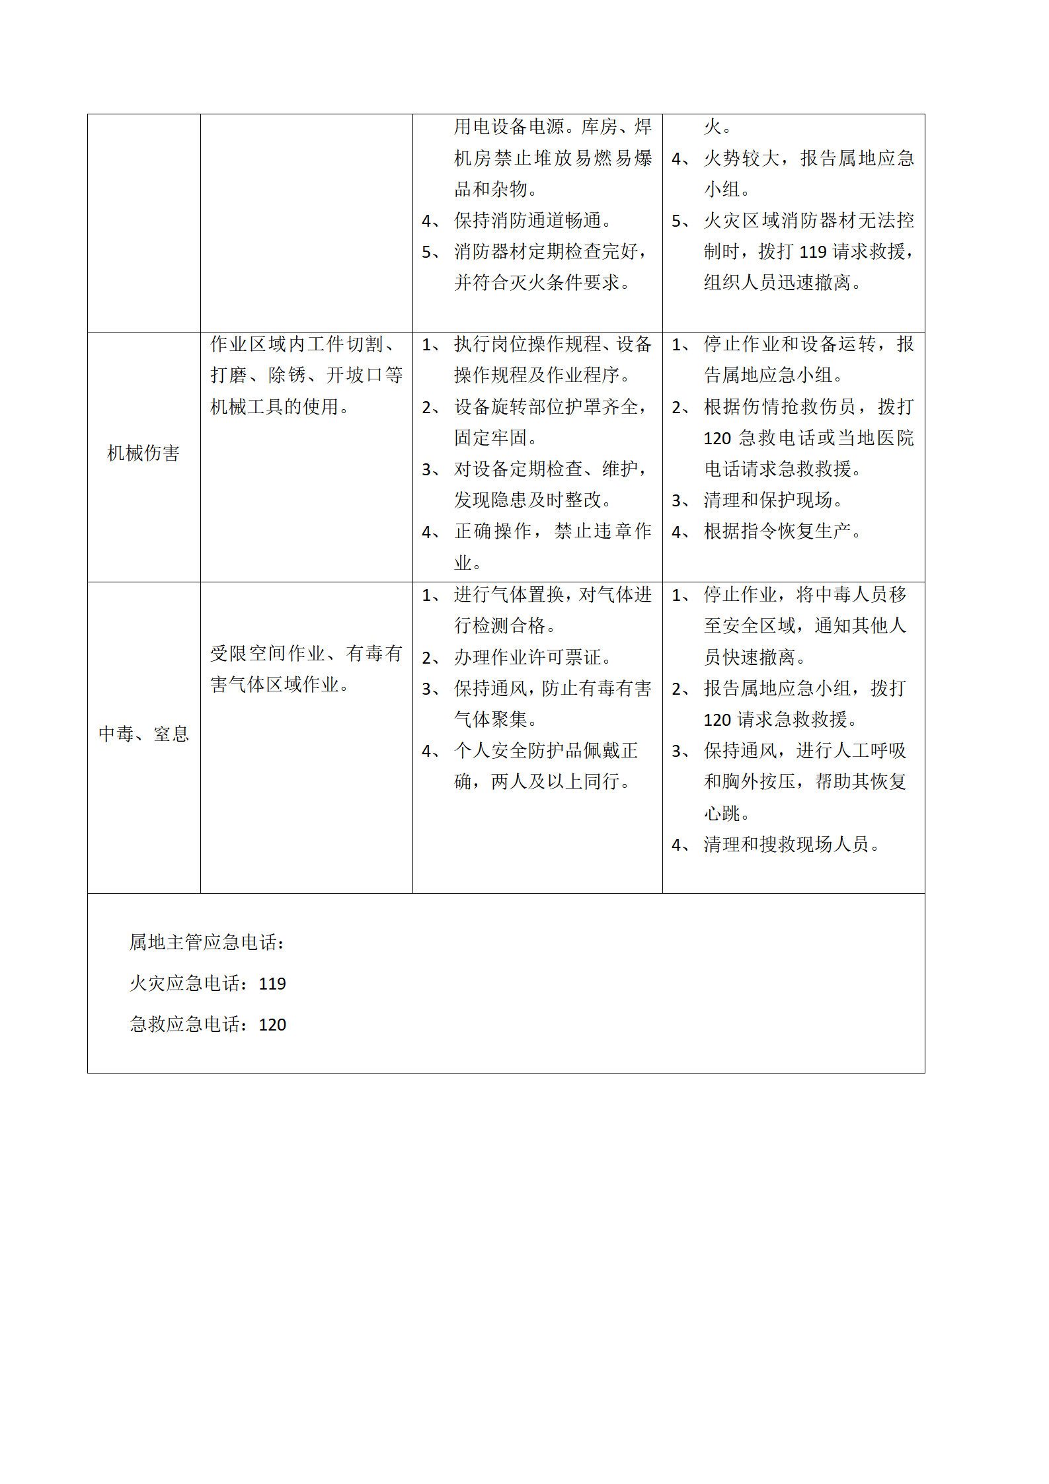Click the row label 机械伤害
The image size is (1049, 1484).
pyautogui.click(x=143, y=453)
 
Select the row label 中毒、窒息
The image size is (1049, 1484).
pyautogui.click(x=143, y=734)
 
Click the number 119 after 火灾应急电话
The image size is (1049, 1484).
pyautogui.click(x=272, y=984)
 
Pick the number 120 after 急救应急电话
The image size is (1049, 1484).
pyautogui.click(x=272, y=1025)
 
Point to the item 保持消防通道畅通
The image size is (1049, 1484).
pyautogui.click(x=533, y=221)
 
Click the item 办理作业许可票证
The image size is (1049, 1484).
pyautogui.click(x=533, y=657)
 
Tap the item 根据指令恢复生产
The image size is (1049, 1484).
pyautogui.click(x=783, y=531)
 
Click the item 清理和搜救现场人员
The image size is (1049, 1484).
pyautogui.click(x=791, y=845)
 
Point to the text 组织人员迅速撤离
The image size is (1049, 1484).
pyautogui.click(x=783, y=283)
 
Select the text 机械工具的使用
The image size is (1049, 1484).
pyautogui.click(x=280, y=407)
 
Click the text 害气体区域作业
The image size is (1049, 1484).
pyautogui.click(x=280, y=685)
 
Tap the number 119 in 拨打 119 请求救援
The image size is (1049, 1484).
pyautogui.click(x=813, y=252)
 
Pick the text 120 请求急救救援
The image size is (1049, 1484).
pyautogui.click(x=781, y=720)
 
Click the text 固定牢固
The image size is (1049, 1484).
pyautogui.click(x=496, y=438)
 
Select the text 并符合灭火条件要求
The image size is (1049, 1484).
pyautogui.click(x=543, y=283)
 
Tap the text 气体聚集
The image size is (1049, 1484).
pyautogui.click(x=496, y=719)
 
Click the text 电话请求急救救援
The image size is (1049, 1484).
pyautogui.click(x=783, y=469)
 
